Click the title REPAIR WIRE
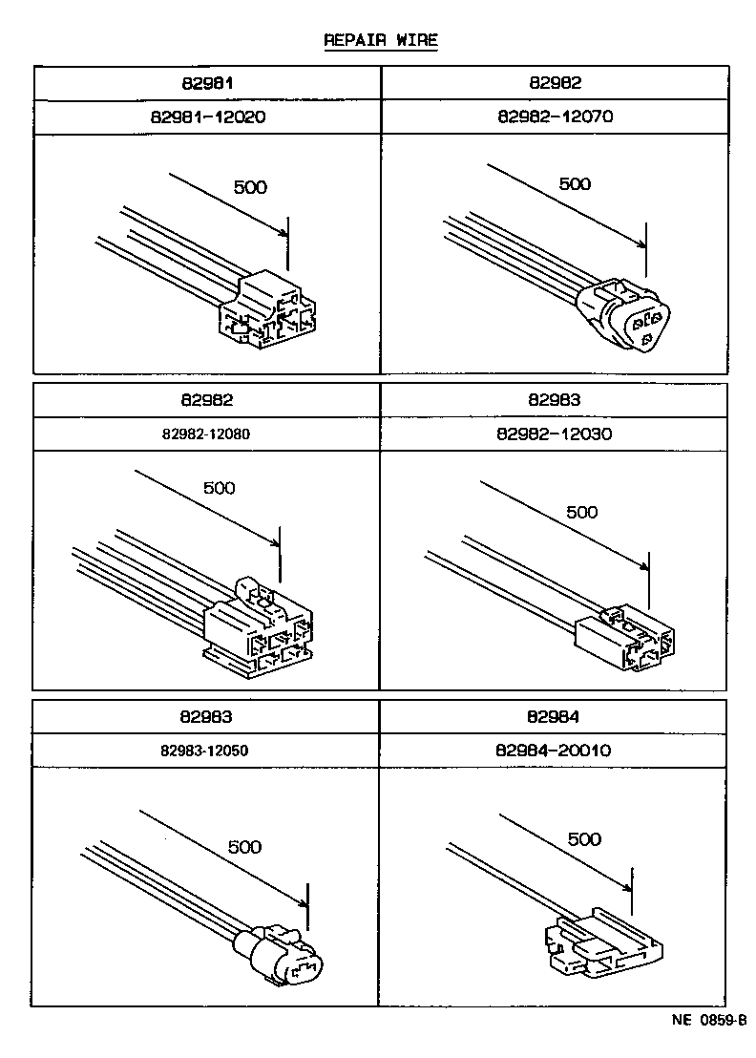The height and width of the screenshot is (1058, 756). [380, 40]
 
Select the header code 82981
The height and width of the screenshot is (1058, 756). [207, 84]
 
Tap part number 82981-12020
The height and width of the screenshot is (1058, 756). [207, 117]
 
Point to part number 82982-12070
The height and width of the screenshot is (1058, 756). [555, 117]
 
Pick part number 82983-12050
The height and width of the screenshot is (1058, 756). [205, 751]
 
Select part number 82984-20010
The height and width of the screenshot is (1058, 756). [555, 751]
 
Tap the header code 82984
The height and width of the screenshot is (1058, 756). [555, 716]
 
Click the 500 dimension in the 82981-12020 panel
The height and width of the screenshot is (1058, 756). [250, 187]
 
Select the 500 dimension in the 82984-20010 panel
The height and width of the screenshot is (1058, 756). [584, 839]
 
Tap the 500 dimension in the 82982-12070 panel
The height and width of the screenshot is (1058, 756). [575, 184]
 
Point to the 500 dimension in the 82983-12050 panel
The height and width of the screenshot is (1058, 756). [244, 847]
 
